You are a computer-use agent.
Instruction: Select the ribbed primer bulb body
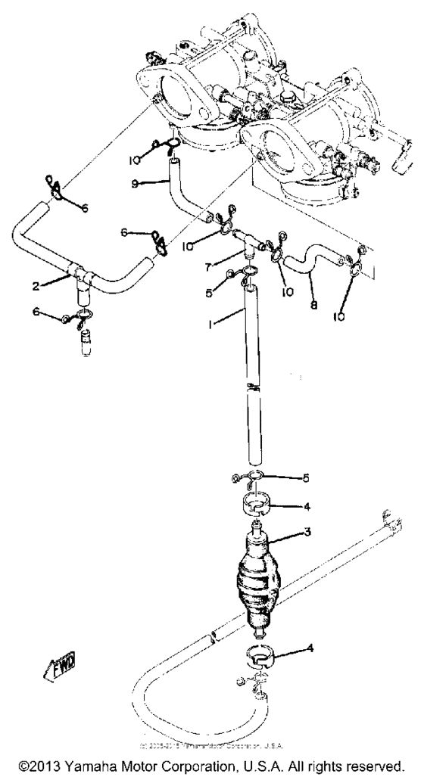(x=258, y=583)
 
